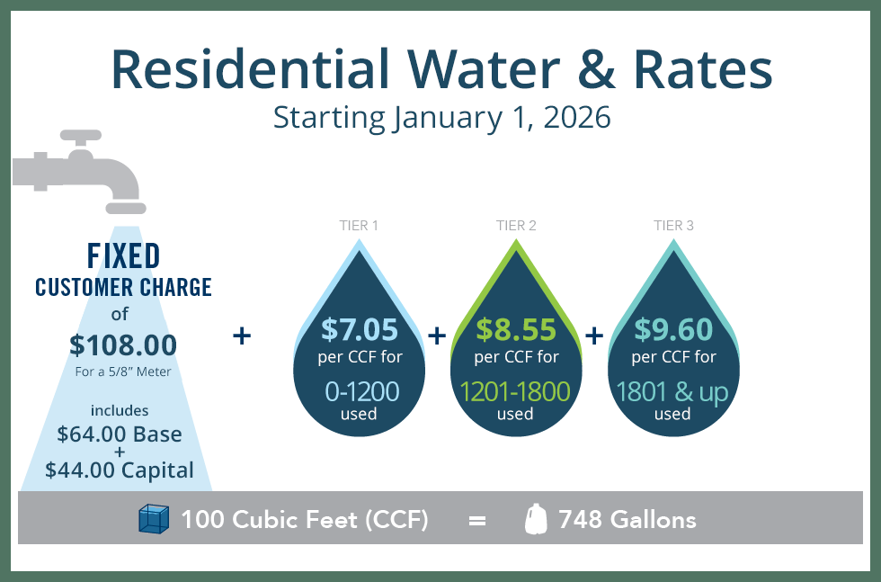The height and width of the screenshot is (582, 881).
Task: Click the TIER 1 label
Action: (x=360, y=226)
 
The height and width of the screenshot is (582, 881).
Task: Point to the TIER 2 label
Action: (x=516, y=226)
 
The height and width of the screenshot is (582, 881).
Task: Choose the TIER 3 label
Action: (x=673, y=226)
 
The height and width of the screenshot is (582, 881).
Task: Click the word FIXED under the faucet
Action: (x=124, y=256)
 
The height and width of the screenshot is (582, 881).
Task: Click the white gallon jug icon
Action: (x=536, y=520)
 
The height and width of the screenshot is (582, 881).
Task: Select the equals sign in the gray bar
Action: (x=477, y=520)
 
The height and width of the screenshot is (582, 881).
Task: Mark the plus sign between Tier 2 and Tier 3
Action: (x=594, y=336)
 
